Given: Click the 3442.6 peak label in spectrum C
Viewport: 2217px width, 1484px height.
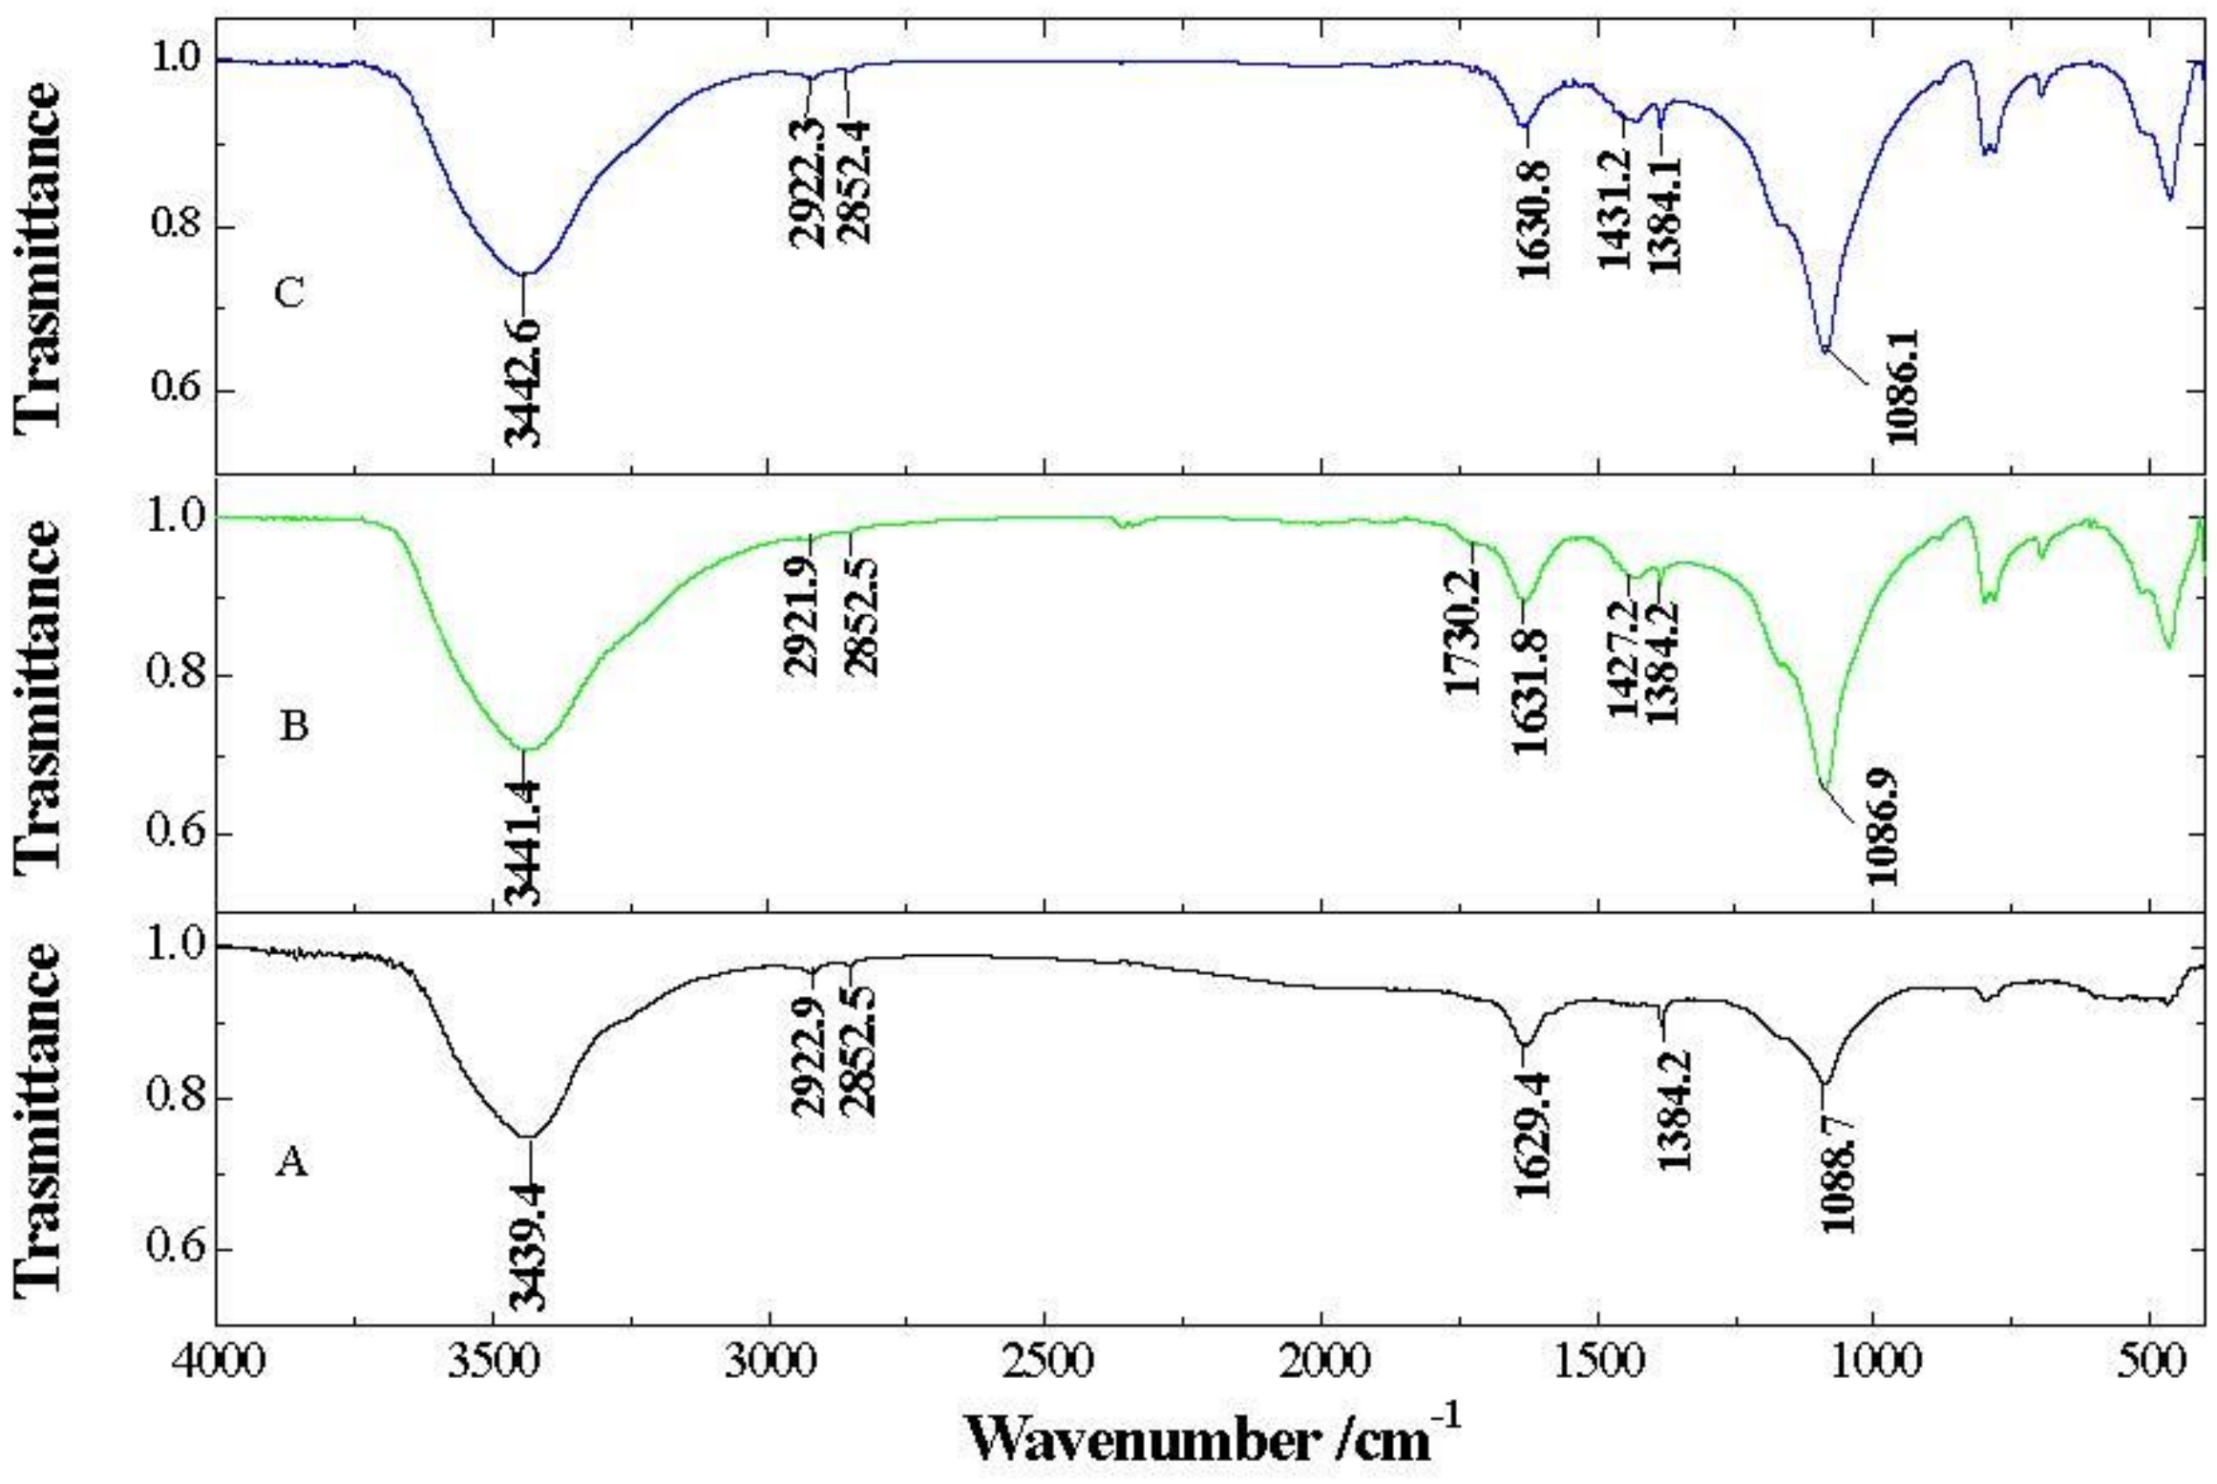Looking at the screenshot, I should [522, 382].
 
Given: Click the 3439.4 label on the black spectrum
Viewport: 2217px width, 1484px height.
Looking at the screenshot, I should [526, 1245].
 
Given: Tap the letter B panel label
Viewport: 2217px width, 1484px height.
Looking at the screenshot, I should [293, 728].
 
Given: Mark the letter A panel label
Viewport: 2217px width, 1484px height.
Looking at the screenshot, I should [291, 1162].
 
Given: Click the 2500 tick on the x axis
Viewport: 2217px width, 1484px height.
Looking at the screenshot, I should [1045, 1359].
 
